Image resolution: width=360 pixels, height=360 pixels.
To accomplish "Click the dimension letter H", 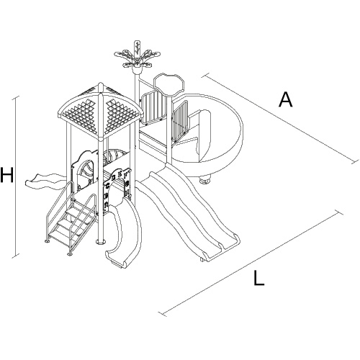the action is click(x=6, y=175).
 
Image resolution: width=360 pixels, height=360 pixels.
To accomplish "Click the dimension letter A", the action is click(x=286, y=99).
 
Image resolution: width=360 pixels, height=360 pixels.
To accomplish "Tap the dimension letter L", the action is click(x=259, y=278).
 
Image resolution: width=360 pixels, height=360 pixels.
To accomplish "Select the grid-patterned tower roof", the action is click(x=99, y=112).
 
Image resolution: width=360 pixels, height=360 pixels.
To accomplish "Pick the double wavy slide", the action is click(x=189, y=211).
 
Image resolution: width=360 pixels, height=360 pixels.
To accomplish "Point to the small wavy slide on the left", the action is click(x=45, y=181).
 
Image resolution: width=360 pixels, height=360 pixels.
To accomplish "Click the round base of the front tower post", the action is click(x=101, y=242).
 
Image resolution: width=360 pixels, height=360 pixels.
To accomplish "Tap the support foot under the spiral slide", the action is click(x=204, y=181).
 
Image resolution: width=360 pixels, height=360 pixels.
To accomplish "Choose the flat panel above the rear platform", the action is click(x=168, y=84).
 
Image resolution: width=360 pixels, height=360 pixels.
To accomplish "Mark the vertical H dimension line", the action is click(x=17, y=177).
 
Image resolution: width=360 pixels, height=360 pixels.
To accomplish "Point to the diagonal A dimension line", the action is click(x=280, y=119).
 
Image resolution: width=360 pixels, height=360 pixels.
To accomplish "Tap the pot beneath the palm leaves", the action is click(x=138, y=71).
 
